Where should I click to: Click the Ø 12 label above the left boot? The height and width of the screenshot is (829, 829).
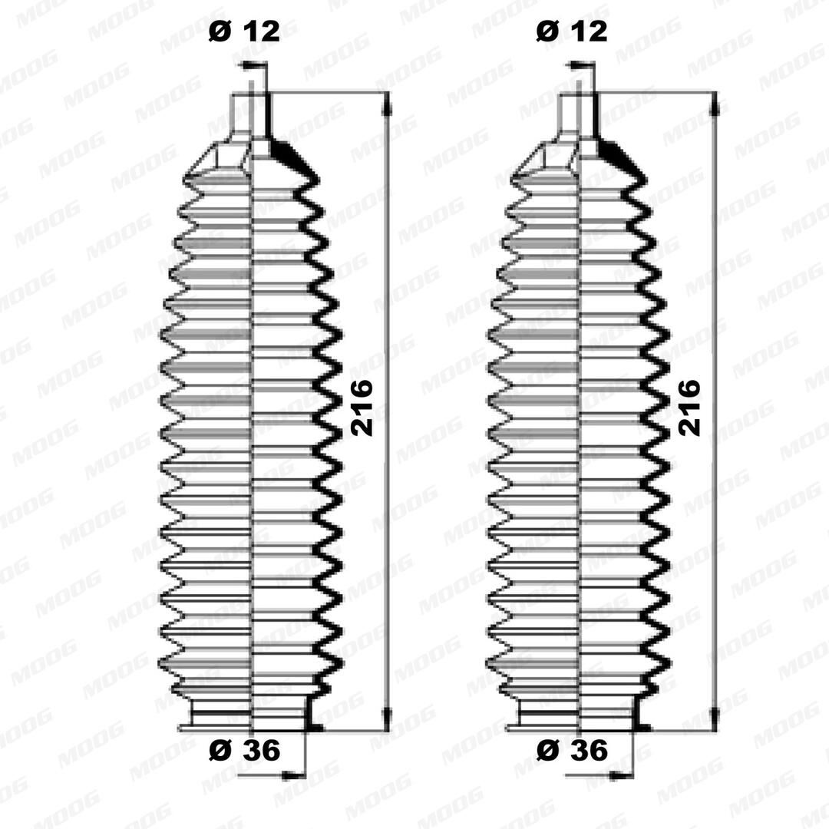(x=244, y=31)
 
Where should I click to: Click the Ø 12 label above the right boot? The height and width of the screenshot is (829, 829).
(x=572, y=31)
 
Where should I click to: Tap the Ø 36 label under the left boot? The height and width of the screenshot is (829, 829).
(x=244, y=750)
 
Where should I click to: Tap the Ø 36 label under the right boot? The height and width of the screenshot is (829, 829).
(x=572, y=750)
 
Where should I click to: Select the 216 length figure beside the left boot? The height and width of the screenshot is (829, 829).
(x=362, y=407)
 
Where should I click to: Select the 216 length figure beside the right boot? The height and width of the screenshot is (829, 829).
(x=689, y=407)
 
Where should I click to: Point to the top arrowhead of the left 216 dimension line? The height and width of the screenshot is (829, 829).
(x=388, y=106)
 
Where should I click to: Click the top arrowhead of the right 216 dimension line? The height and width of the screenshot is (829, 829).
(x=715, y=106)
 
